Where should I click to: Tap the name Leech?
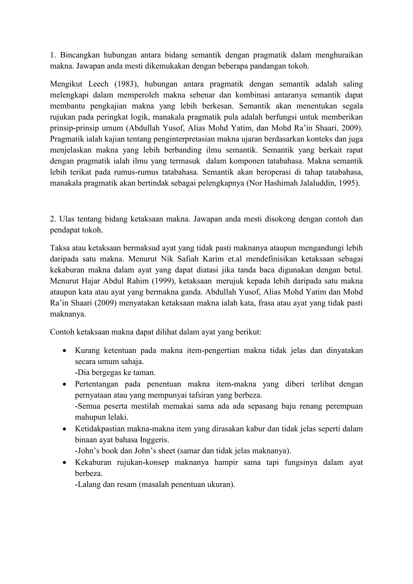point(98,84)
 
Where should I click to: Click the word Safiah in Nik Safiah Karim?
point(179,259)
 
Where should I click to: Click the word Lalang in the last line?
point(88,485)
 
